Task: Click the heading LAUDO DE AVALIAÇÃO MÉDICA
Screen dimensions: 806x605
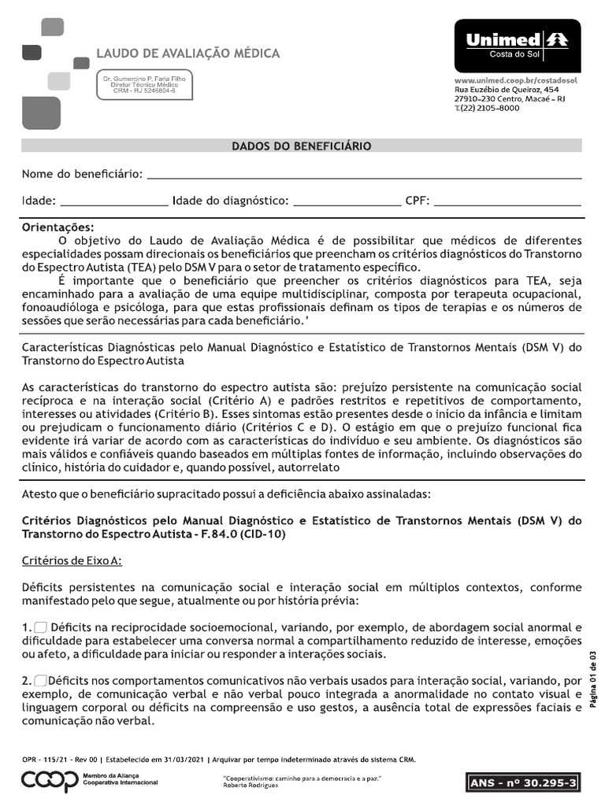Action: point(187,54)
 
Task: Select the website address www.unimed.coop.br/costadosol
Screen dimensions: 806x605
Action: point(517,81)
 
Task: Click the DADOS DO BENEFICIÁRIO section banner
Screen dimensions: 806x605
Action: point(302,146)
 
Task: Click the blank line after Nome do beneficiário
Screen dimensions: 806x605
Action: point(364,173)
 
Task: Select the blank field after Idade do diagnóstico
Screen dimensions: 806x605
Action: point(347,201)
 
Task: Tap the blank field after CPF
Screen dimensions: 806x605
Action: point(507,201)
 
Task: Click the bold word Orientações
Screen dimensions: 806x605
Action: point(57,227)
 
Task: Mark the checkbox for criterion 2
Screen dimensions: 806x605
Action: point(41,680)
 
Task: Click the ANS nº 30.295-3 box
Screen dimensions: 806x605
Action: point(524,782)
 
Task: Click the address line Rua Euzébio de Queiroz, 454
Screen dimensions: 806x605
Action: point(507,91)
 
